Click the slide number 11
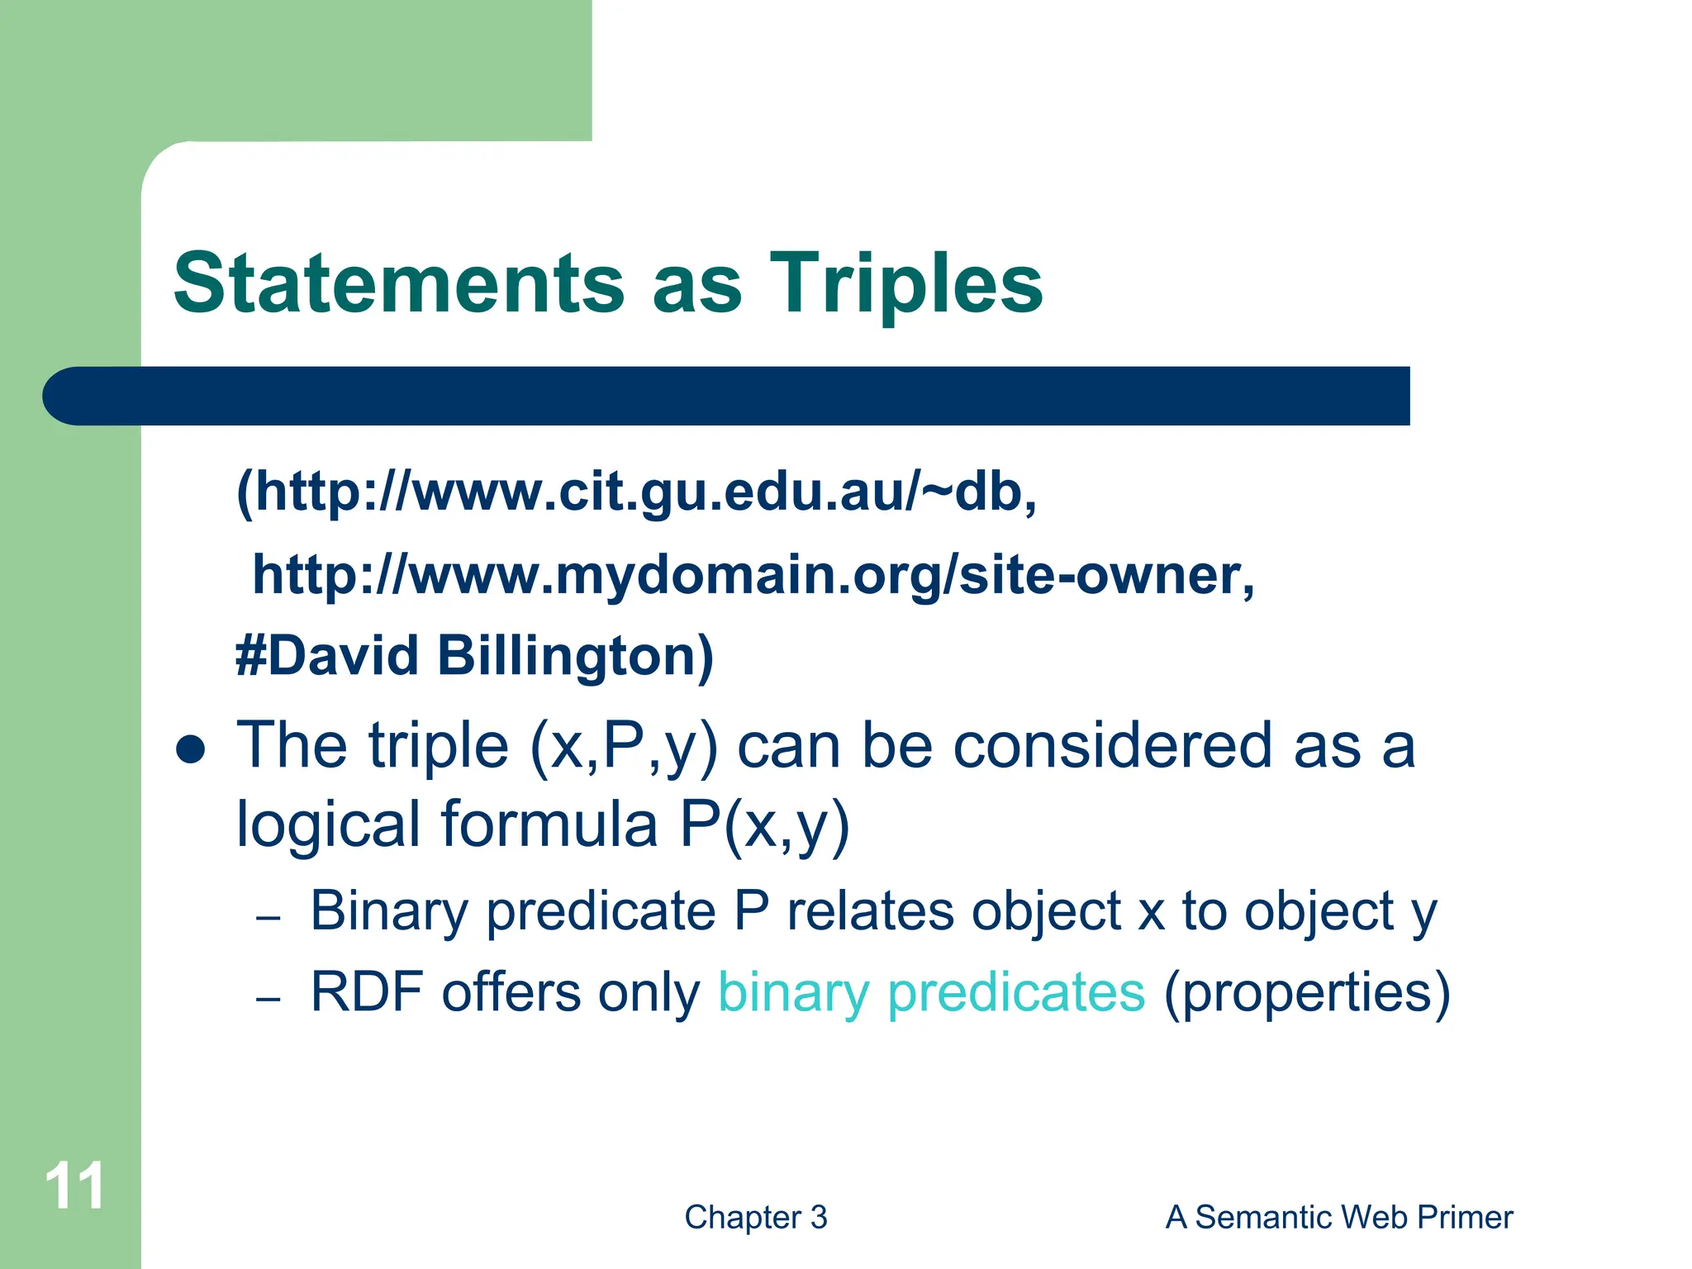(74, 1186)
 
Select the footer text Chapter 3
(755, 1217)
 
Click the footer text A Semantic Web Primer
(1338, 1217)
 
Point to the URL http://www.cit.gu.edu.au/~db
(636, 492)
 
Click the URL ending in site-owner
(753, 575)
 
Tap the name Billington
(575, 656)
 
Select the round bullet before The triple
(191, 749)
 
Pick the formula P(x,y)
(764, 825)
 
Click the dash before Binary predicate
(269, 918)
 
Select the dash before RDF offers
(269, 999)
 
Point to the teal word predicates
(1016, 993)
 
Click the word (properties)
(1306, 993)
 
